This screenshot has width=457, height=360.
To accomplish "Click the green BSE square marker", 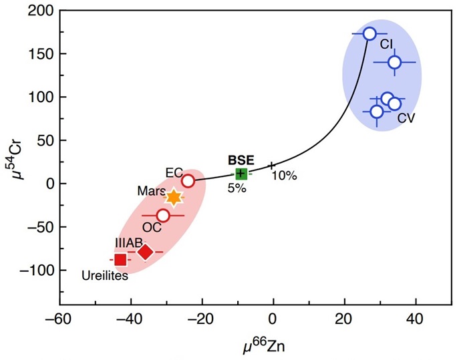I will [241, 174].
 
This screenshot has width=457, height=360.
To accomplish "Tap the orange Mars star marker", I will [174, 197].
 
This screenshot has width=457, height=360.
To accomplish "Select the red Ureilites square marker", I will [120, 260].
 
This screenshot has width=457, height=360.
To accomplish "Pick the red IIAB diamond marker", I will [145, 252].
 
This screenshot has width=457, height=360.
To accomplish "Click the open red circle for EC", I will [188, 181].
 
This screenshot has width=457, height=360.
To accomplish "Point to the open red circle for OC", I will [163, 216].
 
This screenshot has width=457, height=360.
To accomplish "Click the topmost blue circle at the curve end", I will [369, 33].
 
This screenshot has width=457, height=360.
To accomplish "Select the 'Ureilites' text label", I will [106, 274].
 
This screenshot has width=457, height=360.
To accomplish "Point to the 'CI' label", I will [387, 44].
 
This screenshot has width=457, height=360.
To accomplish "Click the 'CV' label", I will [407, 118].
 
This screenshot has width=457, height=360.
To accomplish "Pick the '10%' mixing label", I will [284, 176].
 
